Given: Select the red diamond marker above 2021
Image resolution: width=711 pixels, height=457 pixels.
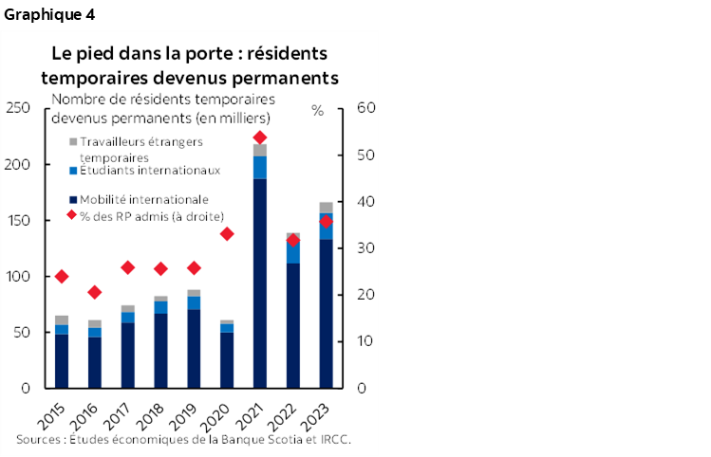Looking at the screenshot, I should coord(259,137).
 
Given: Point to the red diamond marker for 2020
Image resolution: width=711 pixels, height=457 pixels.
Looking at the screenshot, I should coord(226,233).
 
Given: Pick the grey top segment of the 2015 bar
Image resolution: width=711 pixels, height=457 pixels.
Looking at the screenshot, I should coord(62,320).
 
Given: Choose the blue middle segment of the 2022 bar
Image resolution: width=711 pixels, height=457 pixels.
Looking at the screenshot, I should coord(292,251).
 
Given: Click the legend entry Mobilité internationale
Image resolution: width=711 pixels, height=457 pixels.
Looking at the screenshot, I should coord(142,199).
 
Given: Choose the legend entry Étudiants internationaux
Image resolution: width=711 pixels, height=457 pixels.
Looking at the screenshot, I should coord(149,171).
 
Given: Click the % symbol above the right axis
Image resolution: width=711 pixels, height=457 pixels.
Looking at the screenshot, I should coord(317,110).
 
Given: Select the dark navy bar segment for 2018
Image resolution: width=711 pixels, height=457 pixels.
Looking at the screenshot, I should coord(160,350).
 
